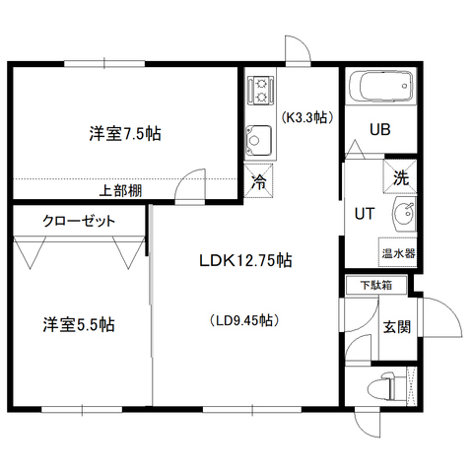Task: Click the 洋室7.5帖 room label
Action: tap(125, 134)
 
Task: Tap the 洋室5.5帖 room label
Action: tap(79, 324)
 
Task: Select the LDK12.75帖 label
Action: tap(245, 261)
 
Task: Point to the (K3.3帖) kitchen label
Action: tap(307, 117)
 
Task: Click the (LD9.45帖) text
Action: tap(244, 320)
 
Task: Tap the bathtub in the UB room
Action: tap(381, 87)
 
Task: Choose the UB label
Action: tap(380, 129)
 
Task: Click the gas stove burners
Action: tap(261, 91)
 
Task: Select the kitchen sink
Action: tap(259, 141)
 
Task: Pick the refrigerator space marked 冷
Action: tap(258, 181)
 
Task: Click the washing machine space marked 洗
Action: tap(400, 176)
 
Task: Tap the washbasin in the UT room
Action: tap(404, 215)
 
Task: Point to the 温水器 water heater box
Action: tap(398, 252)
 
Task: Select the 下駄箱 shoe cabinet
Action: tap(376, 285)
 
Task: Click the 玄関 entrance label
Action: tap(397, 327)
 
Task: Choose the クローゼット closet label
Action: tap(79, 221)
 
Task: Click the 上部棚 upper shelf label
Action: tap(120, 190)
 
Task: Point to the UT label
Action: tap(365, 214)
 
